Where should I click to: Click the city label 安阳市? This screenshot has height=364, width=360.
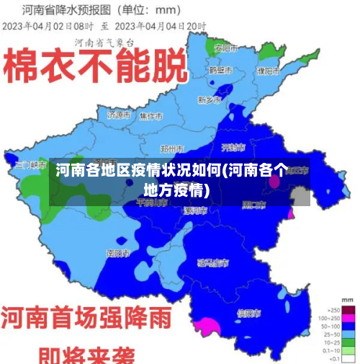[226, 48]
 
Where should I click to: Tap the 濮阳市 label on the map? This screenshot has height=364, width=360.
[269, 71]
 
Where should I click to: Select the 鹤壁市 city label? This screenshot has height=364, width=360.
[220, 70]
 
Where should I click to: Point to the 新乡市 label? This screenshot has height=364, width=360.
[211, 99]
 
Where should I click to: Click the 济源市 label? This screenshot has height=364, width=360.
[119, 115]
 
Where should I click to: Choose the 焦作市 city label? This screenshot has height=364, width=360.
[152, 115]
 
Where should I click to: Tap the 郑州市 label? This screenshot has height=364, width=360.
[173, 148]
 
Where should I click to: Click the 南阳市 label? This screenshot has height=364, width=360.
[117, 253]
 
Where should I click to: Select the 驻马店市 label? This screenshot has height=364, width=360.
[213, 262]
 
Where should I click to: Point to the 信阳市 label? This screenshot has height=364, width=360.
[249, 314]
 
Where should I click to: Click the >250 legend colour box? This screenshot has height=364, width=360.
[348, 308]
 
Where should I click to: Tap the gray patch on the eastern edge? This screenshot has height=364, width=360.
[300, 196]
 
